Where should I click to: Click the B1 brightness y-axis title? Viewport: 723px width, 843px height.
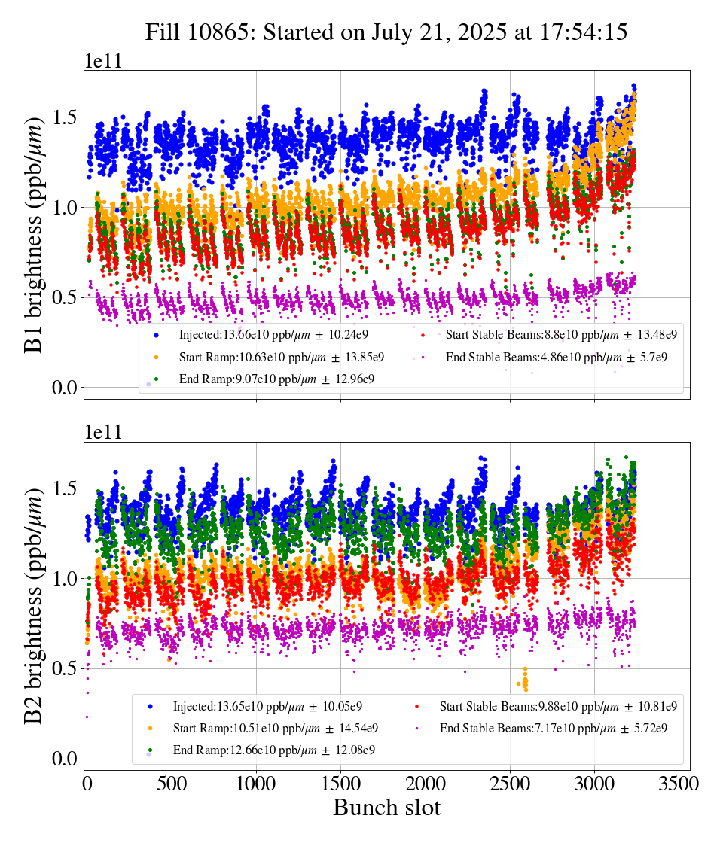pos(35,230)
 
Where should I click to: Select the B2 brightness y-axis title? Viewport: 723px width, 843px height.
pos(35,601)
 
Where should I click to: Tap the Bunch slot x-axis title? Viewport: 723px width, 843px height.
pos(386,808)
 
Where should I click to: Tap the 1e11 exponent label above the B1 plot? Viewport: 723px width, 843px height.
pos(103,62)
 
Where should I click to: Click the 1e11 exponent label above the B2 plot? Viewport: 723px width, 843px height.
pos(103,433)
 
